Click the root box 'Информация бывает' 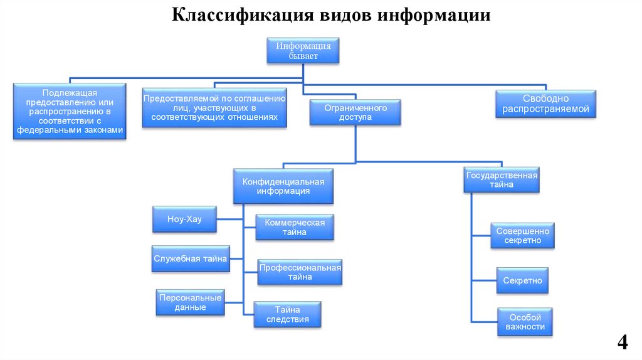[x=303, y=50]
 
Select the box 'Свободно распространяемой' [x=545, y=104]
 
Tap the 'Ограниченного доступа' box [x=355, y=113]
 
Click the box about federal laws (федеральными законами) [x=69, y=111]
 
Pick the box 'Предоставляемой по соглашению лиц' [x=214, y=108]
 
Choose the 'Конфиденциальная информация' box [x=283, y=186]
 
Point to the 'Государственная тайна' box [x=502, y=180]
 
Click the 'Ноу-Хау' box [x=184, y=220]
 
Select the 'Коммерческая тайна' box [x=294, y=227]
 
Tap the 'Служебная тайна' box [x=191, y=258]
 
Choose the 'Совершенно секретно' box [x=523, y=236]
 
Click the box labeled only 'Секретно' [x=522, y=280]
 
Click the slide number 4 [x=622, y=342]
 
